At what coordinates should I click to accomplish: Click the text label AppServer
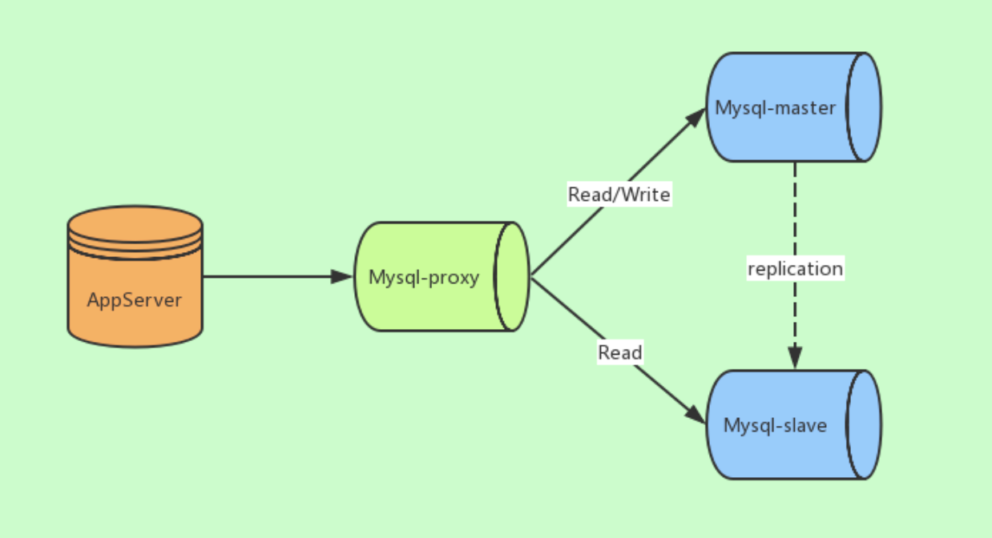tap(135, 300)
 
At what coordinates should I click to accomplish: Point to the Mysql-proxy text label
tap(424, 277)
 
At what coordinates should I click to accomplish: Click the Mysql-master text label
tap(776, 107)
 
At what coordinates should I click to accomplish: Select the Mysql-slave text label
tap(775, 425)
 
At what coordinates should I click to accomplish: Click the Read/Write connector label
tap(619, 194)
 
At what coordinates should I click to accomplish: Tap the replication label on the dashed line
tap(795, 268)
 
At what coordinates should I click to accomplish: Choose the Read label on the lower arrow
tap(619, 352)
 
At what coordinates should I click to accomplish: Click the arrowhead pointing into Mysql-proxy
tap(343, 276)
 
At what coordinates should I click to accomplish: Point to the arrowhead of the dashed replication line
tap(795, 357)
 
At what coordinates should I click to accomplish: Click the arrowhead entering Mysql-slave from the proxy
tap(696, 415)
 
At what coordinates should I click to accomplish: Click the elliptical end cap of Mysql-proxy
tap(512, 277)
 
